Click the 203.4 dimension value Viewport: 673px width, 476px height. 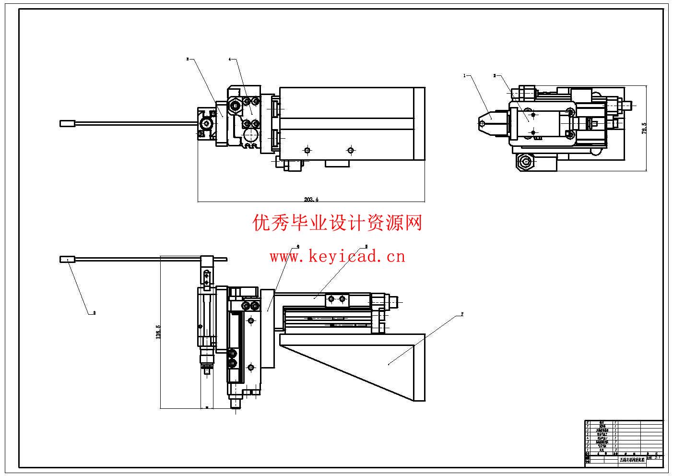pos(311,199)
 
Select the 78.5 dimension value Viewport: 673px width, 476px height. pos(644,128)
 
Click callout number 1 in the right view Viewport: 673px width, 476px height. pos(464,75)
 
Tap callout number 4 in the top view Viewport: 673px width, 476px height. pos(229,59)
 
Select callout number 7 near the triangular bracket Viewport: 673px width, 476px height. pos(462,314)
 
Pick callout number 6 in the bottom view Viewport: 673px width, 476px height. pos(298,246)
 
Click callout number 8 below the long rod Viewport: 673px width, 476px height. pos(94,313)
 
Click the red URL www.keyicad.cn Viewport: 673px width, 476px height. pos(337,257)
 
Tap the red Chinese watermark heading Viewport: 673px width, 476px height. pos(337,223)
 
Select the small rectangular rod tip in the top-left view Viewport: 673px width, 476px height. pos(68,123)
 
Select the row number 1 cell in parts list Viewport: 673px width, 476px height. pos(588,449)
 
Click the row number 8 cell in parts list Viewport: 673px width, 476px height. pos(588,422)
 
